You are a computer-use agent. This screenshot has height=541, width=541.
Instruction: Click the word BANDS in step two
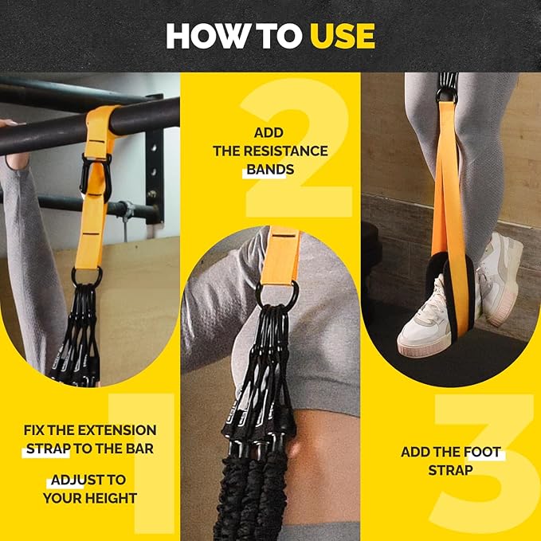tap(270, 169)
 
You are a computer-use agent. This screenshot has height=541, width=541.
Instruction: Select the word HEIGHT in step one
tap(112, 498)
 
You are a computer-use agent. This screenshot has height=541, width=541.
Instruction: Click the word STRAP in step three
tap(450, 470)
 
